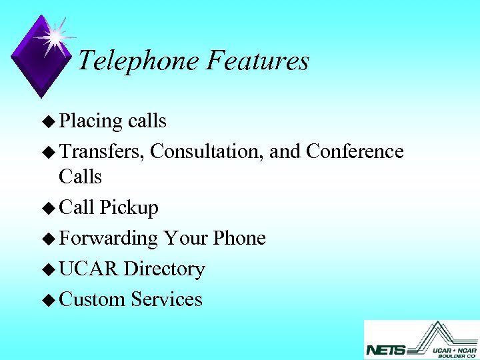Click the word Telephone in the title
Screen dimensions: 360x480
click(x=139, y=61)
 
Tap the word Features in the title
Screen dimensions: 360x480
click(x=257, y=61)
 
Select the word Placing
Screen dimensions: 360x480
click(x=91, y=121)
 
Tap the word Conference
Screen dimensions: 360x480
click(x=355, y=152)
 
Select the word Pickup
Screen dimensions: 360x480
click(x=129, y=208)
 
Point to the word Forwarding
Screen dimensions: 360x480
click(x=108, y=239)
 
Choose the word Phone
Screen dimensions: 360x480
click(x=239, y=238)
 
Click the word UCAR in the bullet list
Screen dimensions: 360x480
click(x=89, y=269)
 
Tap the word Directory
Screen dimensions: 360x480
click(x=165, y=269)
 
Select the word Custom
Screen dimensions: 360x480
click(x=92, y=299)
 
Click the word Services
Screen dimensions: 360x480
click(x=167, y=299)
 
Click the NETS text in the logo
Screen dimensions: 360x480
click(x=386, y=349)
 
